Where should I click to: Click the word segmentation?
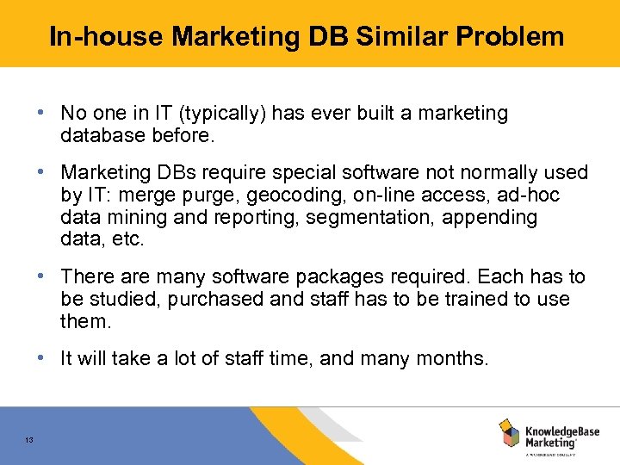coord(369,218)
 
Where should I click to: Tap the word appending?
coord(489,218)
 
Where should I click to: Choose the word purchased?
coord(220,300)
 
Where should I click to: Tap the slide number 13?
coord(29,441)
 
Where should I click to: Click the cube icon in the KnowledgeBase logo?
coord(509,432)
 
